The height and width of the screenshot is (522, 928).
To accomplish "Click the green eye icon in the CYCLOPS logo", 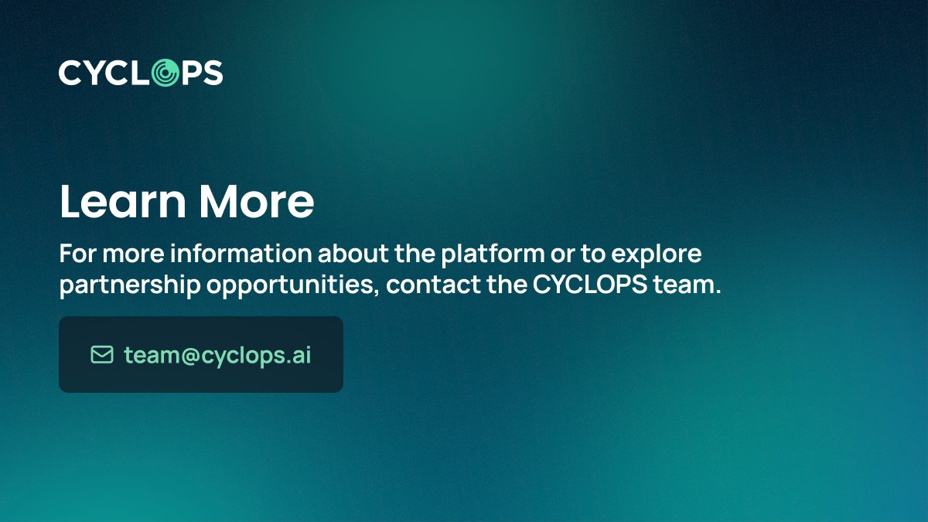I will click(x=163, y=73).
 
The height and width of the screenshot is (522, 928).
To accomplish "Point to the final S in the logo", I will click(x=213, y=73).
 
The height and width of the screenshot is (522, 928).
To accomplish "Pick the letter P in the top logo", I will click(x=190, y=73).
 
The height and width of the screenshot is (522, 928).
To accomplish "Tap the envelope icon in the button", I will click(x=102, y=354).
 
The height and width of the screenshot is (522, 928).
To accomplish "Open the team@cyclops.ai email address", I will click(x=217, y=355).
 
